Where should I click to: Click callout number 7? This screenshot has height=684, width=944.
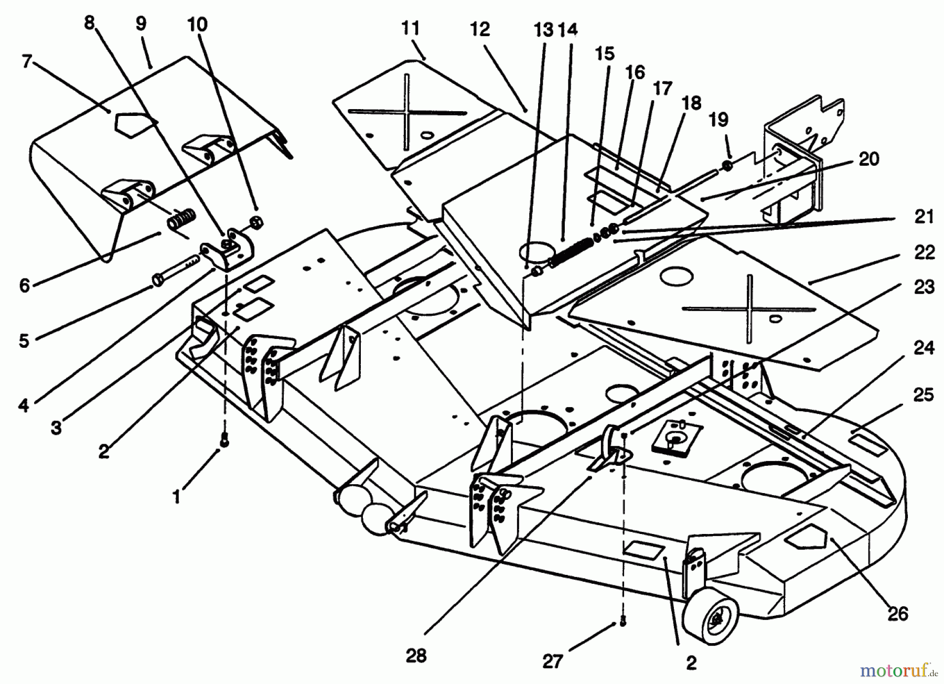(27, 62)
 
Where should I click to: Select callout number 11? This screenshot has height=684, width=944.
(411, 28)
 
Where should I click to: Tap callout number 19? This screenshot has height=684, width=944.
(718, 120)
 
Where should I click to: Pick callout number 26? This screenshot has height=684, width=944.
(897, 613)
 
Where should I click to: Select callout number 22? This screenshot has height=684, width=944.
(924, 252)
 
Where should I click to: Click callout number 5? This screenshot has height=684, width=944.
(24, 341)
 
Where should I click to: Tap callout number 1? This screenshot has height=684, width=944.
(177, 496)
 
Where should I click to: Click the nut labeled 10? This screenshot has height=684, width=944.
(257, 222)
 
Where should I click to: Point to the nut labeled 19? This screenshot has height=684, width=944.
(727, 166)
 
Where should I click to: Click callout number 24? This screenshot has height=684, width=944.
(924, 348)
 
